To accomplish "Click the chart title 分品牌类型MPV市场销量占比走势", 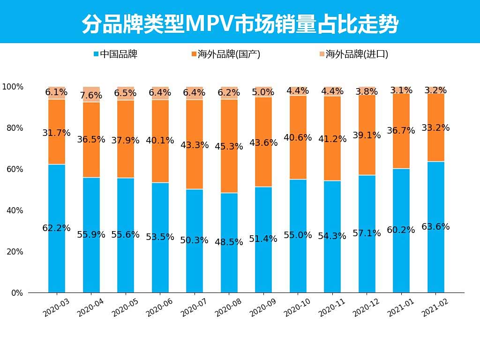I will click(240, 23).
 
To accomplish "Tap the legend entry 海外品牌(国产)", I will click(225, 54).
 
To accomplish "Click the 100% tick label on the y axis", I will click(12, 87).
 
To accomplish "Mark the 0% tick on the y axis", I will click(17, 293).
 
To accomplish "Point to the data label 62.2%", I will click(56, 228).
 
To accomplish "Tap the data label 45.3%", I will click(229, 147).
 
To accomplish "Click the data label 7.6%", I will click(91, 96).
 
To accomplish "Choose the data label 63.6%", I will click(435, 227).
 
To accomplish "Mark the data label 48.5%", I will click(229, 242).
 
